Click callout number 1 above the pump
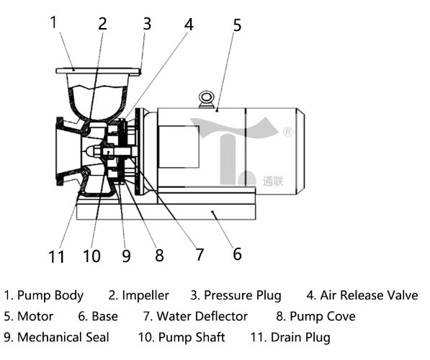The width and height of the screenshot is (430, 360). pyautogui.click(x=53, y=22)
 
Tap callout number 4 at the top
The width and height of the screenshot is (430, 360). pyautogui.click(x=189, y=24)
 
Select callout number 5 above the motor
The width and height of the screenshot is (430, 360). pyautogui.click(x=237, y=25)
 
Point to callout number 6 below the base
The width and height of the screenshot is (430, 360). pyautogui.click(x=238, y=253)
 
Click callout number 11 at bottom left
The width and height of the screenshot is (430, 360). pyautogui.click(x=56, y=256)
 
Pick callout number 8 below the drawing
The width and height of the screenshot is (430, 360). pyautogui.click(x=159, y=256)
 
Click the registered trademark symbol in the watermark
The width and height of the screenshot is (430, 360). pyautogui.click(x=287, y=132)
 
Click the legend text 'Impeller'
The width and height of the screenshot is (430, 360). pyautogui.click(x=145, y=295)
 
